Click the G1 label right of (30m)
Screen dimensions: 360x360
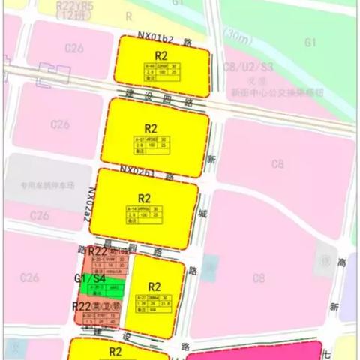click(x=310, y=43)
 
